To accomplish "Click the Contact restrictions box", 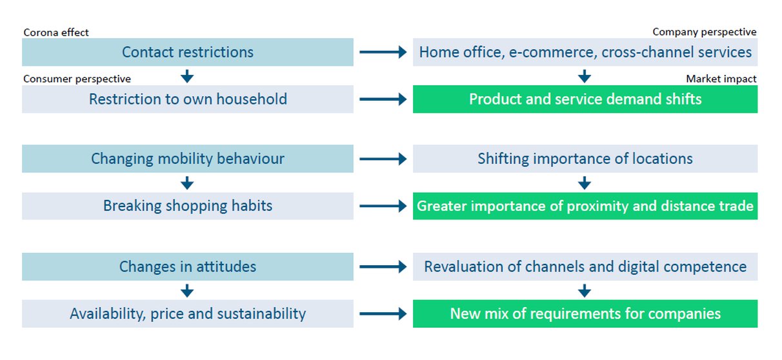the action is (x=188, y=52).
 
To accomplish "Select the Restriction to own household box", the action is (x=188, y=99).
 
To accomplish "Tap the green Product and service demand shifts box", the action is (x=585, y=99).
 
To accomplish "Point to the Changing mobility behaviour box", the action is (x=188, y=159).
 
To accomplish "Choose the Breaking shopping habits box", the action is (x=188, y=206).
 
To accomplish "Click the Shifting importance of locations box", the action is (x=585, y=159).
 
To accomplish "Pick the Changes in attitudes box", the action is (x=188, y=266).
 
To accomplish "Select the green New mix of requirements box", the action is (x=585, y=314).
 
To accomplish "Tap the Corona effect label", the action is (x=56, y=32).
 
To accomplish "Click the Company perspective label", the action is (x=705, y=32).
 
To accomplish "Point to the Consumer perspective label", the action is (x=77, y=79).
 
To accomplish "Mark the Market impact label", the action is (x=721, y=79).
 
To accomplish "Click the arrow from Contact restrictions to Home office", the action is (x=383, y=52).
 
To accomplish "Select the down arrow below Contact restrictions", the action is (x=187, y=76).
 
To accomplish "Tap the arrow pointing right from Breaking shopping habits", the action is (x=383, y=206).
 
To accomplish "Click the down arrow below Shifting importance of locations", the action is (x=585, y=183).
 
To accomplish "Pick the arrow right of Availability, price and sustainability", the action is (x=383, y=314).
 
